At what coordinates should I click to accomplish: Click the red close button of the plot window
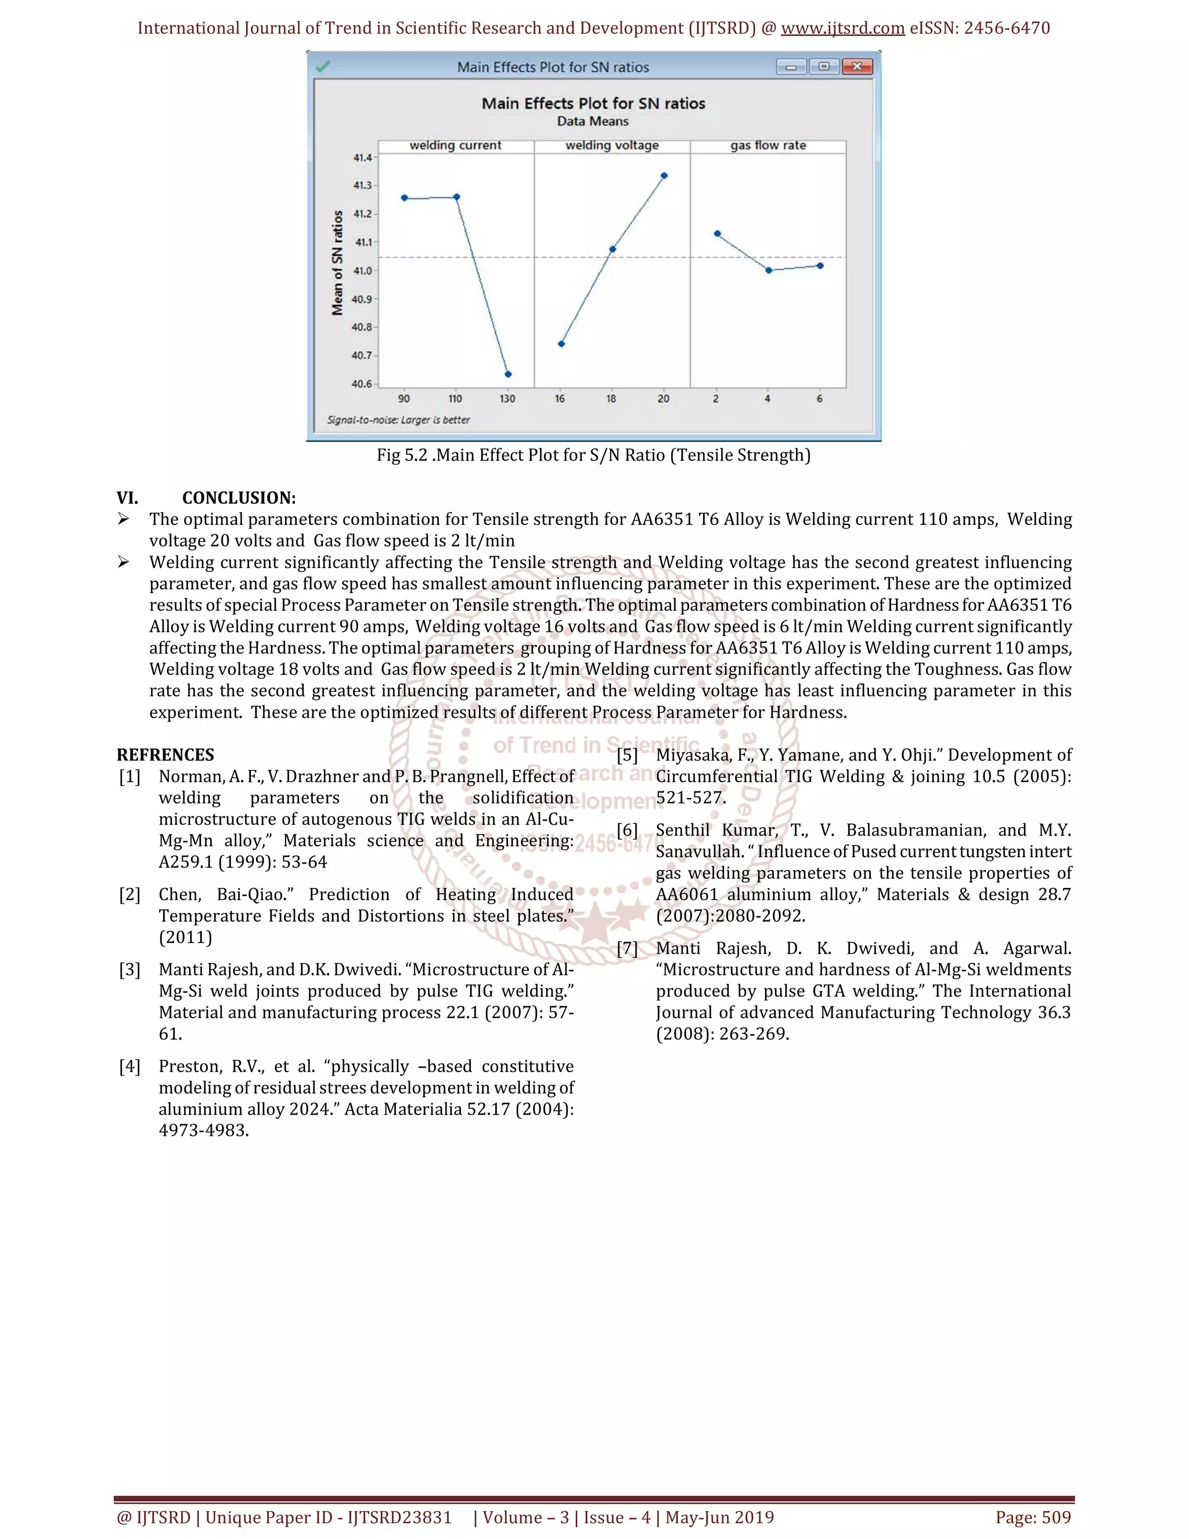[x=856, y=67]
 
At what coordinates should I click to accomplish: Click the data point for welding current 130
[x=508, y=374]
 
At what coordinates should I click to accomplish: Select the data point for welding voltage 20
[x=664, y=175]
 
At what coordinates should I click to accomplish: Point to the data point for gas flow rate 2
[x=717, y=233]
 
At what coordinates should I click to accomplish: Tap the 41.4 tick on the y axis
[x=363, y=158]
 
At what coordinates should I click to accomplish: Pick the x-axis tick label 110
[x=456, y=399]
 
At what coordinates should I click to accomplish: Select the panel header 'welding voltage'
[x=612, y=145]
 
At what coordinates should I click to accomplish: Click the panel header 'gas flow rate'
[x=768, y=145]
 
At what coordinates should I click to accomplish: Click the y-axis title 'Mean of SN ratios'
[x=337, y=263]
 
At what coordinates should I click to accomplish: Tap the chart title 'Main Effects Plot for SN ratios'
[x=593, y=103]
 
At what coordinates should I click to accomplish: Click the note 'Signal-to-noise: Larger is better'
[x=398, y=420]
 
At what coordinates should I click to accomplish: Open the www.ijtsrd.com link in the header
[x=842, y=28]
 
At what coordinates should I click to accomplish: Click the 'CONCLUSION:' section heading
[x=239, y=498]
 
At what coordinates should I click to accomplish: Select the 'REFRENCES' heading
[x=165, y=755]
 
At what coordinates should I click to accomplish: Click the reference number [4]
[x=129, y=1066]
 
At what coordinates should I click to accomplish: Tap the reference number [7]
[x=627, y=948]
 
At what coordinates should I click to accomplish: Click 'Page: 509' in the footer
[x=1033, y=1517]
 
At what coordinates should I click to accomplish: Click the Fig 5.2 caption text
[x=593, y=455]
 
